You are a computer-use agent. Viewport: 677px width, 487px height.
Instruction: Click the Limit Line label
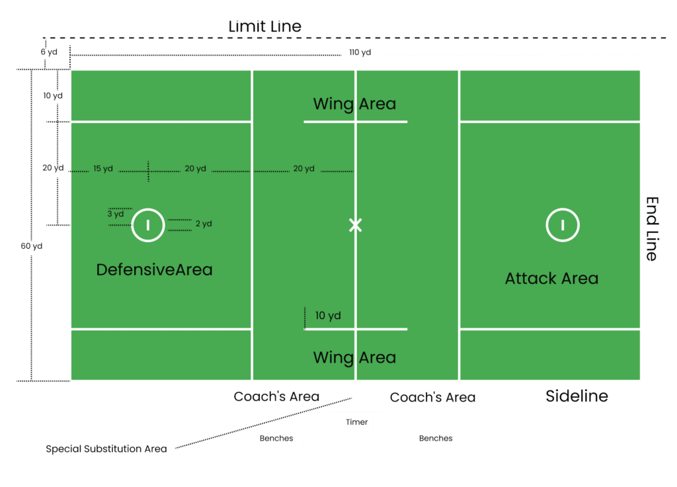click(264, 27)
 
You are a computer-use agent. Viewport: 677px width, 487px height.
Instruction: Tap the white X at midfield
click(355, 225)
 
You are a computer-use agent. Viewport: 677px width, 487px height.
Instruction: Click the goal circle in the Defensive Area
click(147, 225)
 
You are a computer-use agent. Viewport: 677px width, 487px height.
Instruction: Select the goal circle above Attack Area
click(562, 225)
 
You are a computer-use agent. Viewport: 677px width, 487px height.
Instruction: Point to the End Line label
click(651, 228)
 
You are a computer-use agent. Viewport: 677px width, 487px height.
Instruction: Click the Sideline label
click(577, 396)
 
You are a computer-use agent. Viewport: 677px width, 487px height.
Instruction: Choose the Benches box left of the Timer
click(275, 440)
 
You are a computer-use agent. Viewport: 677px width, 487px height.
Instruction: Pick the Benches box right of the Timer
click(436, 440)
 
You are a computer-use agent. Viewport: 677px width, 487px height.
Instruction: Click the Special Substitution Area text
click(106, 449)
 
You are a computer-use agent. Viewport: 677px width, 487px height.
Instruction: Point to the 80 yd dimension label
click(31, 246)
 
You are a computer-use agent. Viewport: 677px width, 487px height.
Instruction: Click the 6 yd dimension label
click(48, 52)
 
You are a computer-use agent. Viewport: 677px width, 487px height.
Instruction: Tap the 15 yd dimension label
click(102, 169)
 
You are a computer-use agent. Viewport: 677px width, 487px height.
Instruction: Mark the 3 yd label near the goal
click(116, 214)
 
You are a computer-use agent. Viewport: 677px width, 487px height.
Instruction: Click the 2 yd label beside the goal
click(204, 224)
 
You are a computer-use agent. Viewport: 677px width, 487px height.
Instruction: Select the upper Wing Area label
click(354, 104)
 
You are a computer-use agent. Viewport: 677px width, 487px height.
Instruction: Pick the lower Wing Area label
click(354, 358)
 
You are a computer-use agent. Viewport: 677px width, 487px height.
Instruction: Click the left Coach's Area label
click(276, 396)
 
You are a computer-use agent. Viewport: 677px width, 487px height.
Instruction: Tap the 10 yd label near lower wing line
click(328, 316)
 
